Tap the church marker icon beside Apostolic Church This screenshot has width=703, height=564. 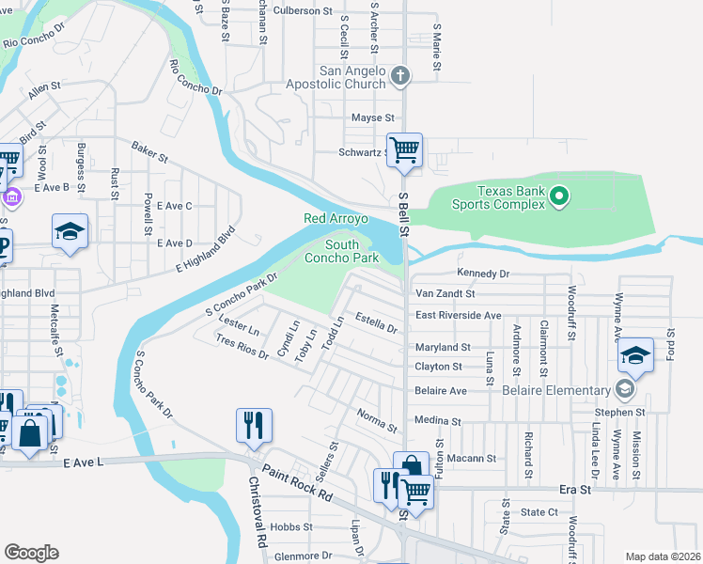[401, 75]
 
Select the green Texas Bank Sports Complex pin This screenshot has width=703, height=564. [559, 196]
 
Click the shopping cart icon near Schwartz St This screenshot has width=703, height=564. [404, 149]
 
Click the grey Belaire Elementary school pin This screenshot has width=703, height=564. [625, 390]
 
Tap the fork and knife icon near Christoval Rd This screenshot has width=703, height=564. [254, 425]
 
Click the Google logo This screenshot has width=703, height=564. [31, 553]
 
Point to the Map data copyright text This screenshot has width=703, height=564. [663, 556]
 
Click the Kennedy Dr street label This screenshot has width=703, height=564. [482, 274]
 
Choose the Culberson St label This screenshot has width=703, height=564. [304, 12]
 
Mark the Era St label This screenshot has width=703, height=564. [574, 490]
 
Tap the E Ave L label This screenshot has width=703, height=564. [83, 462]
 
